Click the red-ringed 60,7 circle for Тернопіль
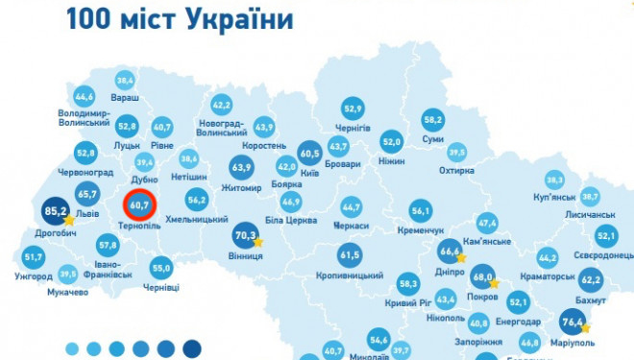(x=139, y=204)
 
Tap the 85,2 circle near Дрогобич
(x=55, y=210)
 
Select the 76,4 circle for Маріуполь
(x=573, y=320)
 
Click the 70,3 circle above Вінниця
(x=245, y=234)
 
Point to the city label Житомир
(x=241, y=189)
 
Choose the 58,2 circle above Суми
(x=432, y=120)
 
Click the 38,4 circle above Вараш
(x=124, y=80)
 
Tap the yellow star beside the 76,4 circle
(x=586, y=327)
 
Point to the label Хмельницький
(x=196, y=220)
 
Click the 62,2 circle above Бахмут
(x=590, y=280)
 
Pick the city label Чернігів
(x=353, y=128)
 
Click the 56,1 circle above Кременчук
(x=421, y=211)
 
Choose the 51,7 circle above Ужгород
(x=34, y=257)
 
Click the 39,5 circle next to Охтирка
(x=456, y=152)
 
